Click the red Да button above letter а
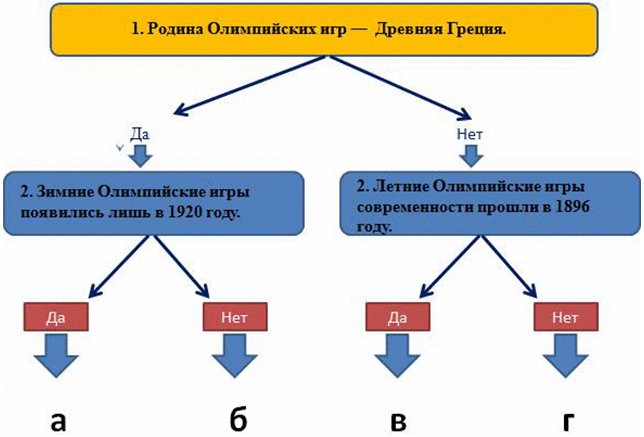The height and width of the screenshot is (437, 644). pyautogui.click(x=56, y=317)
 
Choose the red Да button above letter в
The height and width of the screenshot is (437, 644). pyautogui.click(x=397, y=317)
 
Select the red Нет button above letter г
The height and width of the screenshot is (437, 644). pyautogui.click(x=567, y=317)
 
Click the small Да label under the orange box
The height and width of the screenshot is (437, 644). pyautogui.click(x=139, y=132)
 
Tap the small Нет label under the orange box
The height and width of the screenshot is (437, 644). pyautogui.click(x=469, y=132)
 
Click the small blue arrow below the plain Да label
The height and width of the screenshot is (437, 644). pyautogui.click(x=140, y=155)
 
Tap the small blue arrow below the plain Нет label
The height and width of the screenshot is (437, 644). pyautogui.click(x=470, y=155)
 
